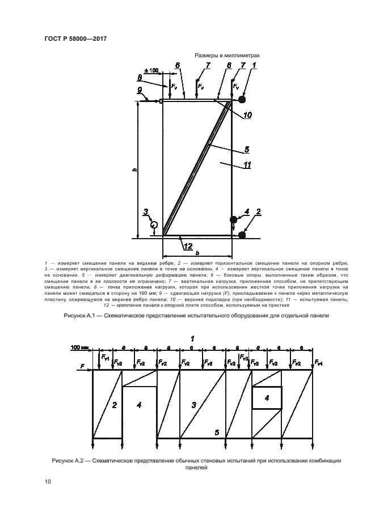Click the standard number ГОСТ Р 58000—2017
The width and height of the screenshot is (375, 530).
point(75,39)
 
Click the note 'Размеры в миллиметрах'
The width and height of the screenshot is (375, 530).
point(227,56)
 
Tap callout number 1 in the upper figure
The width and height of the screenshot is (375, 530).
point(254,66)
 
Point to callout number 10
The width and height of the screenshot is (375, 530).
point(247,116)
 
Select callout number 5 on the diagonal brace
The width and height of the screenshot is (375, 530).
point(247,150)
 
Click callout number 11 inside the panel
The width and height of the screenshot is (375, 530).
point(247,166)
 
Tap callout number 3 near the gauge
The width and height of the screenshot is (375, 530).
point(146,213)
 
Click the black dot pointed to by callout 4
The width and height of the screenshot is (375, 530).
point(233,219)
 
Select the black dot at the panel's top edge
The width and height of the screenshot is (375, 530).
point(242,100)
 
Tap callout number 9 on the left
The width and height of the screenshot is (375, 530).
point(140,90)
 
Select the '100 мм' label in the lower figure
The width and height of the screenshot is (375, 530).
point(80,361)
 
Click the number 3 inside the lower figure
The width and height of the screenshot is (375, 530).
point(193,405)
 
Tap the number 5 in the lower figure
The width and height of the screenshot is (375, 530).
point(216,433)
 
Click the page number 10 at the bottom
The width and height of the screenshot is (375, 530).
point(48,482)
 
